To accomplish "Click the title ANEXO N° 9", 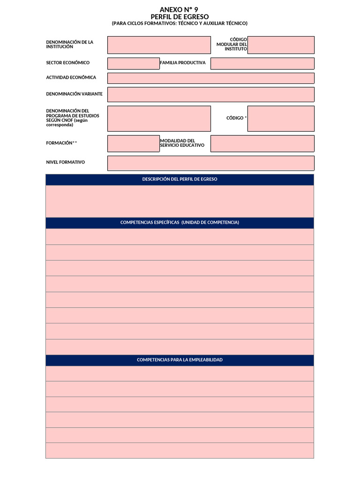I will tap(180, 9).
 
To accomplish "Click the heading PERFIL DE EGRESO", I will tap(180, 16).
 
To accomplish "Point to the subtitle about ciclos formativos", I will tap(180, 23).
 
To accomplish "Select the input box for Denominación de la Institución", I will tap(159, 45).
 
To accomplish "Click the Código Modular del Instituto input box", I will tap(281, 45).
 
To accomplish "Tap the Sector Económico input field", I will tap(134, 63).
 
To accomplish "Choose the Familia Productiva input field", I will tap(262, 63).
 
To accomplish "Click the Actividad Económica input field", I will tap(211, 78).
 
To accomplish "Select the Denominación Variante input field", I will tap(211, 94).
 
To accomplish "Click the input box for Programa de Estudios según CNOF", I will tap(159, 119).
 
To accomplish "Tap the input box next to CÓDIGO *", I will tap(281, 119).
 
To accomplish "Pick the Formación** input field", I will tap(134, 143).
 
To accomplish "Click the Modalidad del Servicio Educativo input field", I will tap(262, 143).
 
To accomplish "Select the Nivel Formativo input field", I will tap(211, 163).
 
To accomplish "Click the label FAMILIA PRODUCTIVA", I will tap(183, 63).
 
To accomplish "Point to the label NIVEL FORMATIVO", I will tap(65, 162).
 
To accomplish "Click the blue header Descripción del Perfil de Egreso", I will tap(180, 179).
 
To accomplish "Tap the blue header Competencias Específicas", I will tap(180, 223).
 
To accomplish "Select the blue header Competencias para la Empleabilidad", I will tap(180, 360).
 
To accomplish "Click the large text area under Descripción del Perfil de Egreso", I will tap(180, 201).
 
